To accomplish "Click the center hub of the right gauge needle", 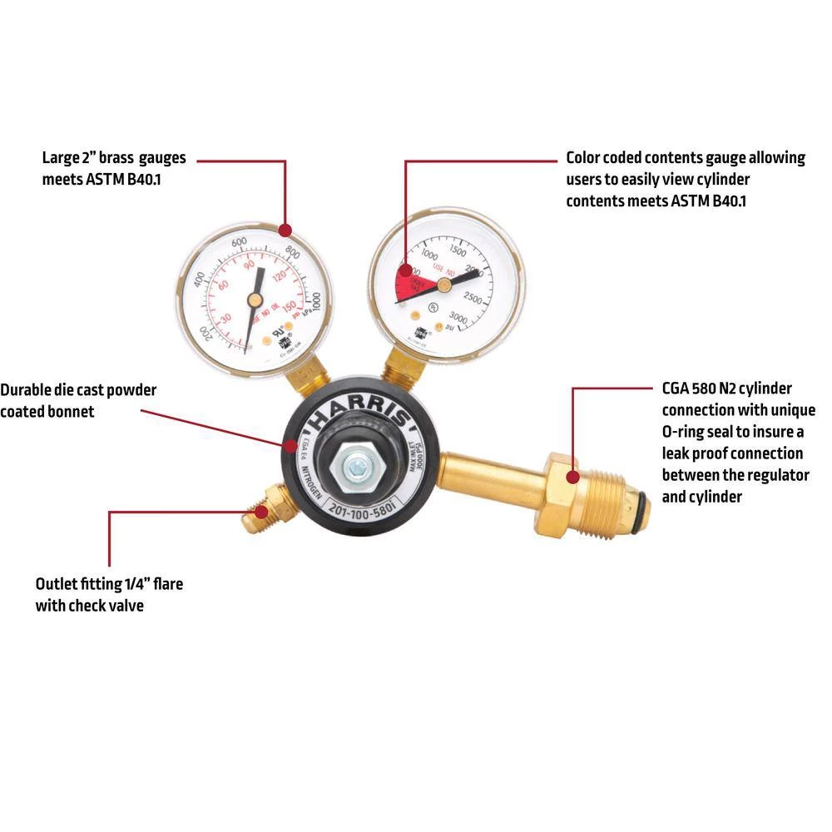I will [443, 284].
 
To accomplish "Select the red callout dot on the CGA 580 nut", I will [572, 477].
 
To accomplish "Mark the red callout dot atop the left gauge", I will [285, 230].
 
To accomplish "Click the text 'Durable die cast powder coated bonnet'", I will [78, 400].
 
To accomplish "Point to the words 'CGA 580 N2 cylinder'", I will [726, 389].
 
